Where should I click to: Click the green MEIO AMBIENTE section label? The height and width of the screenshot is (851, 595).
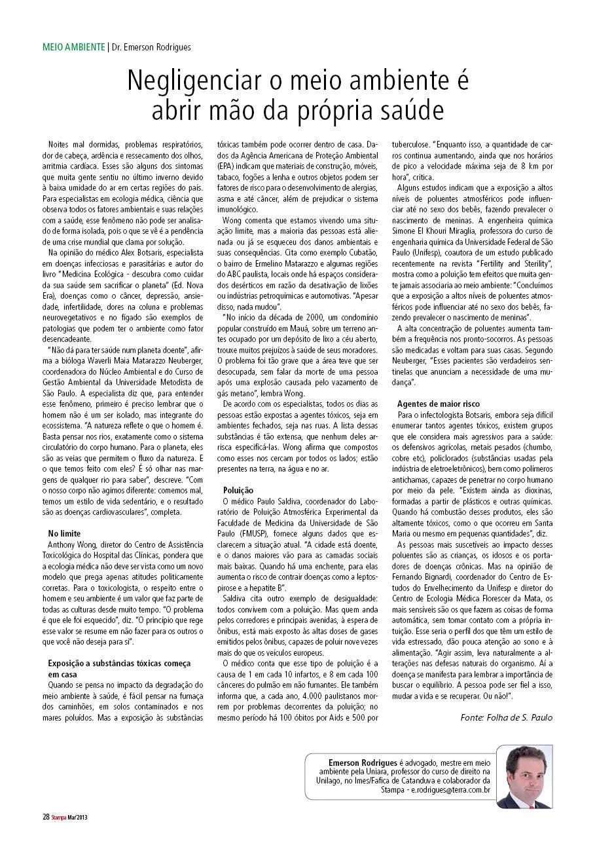pyautogui.click(x=74, y=47)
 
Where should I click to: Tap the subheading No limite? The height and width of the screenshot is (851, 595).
pyautogui.click(x=63, y=534)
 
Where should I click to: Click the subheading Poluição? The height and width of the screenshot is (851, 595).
pyautogui.click(x=239, y=489)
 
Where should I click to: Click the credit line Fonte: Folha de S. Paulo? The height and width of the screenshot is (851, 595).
pyautogui.click(x=506, y=717)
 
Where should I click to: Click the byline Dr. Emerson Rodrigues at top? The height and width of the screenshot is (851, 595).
pyautogui.click(x=151, y=47)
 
